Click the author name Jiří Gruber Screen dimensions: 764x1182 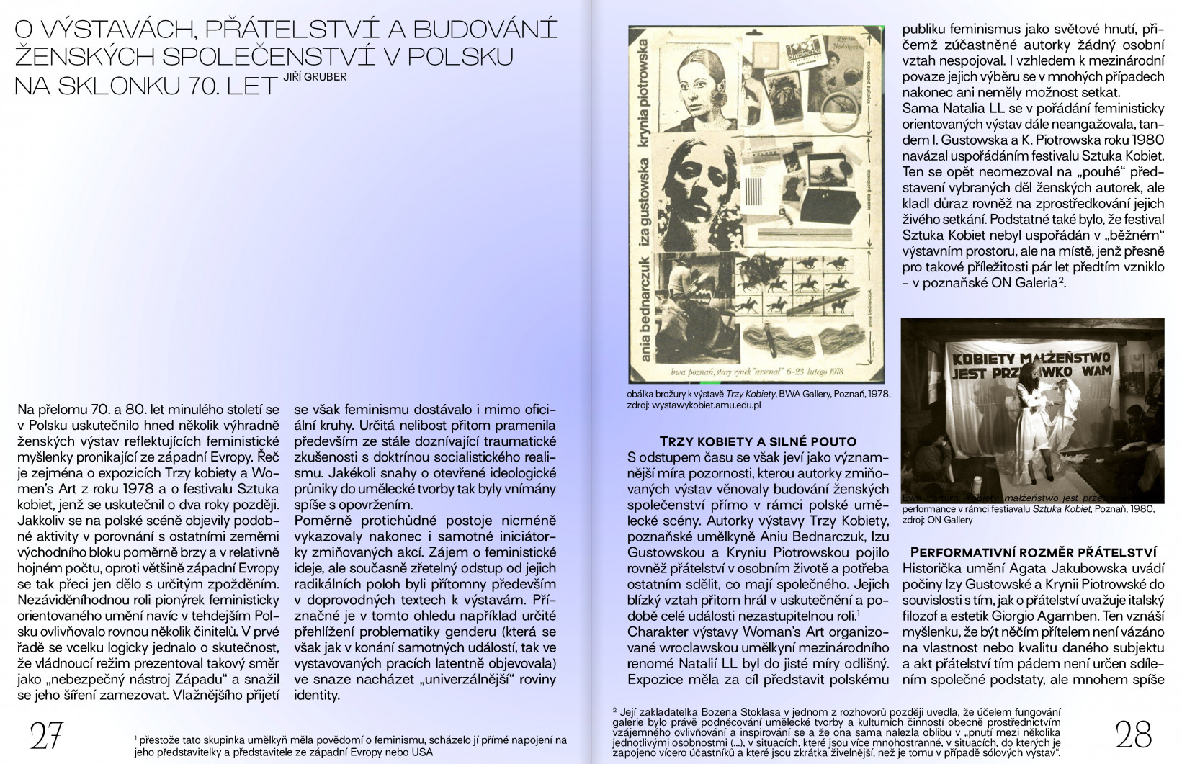coord(315,76)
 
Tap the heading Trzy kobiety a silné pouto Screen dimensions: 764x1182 coord(758,441)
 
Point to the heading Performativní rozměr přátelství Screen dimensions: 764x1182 coord(1034,553)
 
